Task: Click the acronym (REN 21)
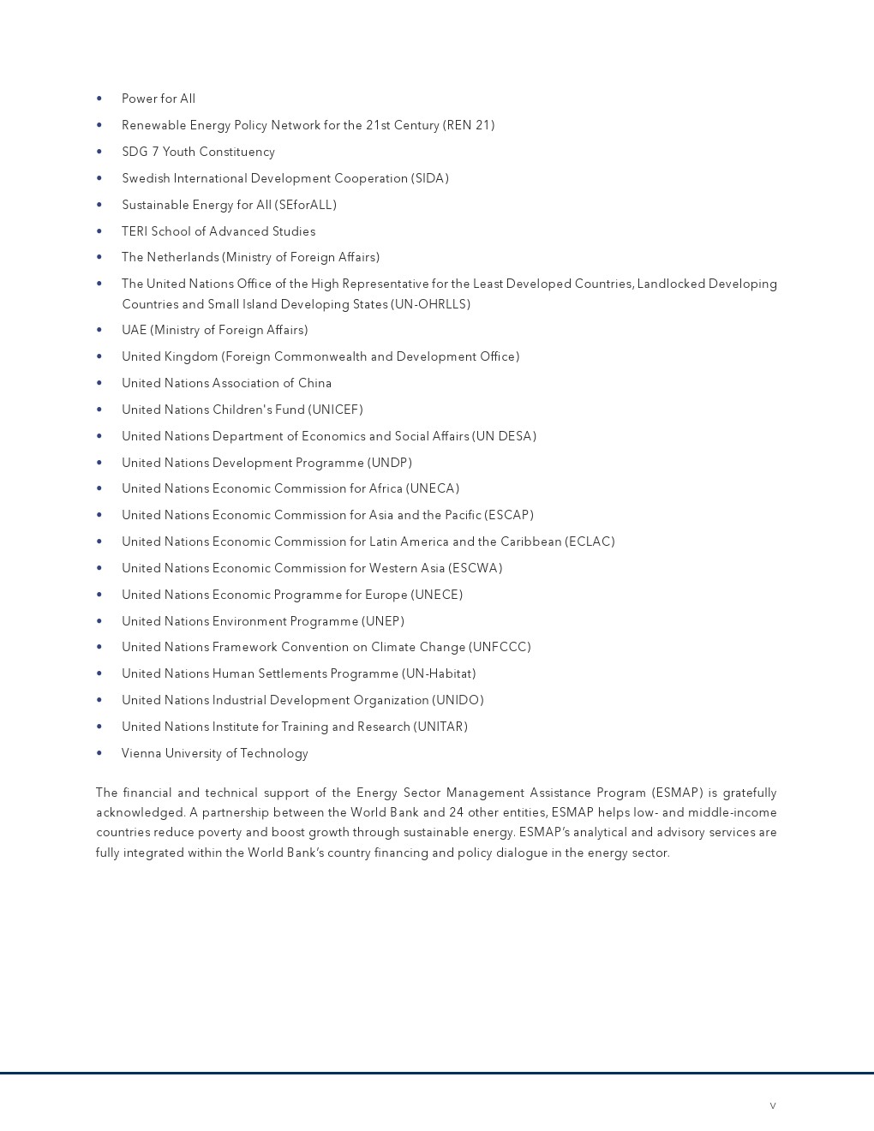469,125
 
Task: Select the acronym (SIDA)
430,178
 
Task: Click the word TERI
135,231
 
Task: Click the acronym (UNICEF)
335,410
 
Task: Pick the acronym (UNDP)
390,463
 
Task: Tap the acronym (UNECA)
433,488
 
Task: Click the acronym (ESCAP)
509,515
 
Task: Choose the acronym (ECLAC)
590,542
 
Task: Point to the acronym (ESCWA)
476,568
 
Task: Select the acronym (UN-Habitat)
439,673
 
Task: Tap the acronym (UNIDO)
458,700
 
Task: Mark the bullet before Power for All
99,99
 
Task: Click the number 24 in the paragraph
457,812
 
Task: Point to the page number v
773,1105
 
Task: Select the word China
314,383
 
